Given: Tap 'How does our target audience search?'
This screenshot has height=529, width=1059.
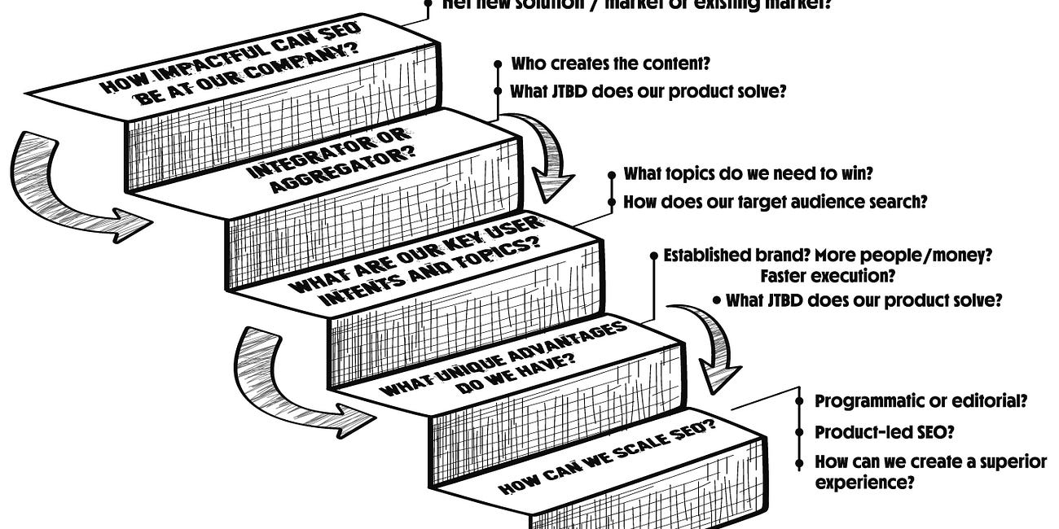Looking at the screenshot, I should (776, 201).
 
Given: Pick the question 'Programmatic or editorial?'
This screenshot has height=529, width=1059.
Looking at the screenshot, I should (921, 400).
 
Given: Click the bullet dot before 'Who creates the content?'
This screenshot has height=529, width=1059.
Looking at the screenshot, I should (497, 63).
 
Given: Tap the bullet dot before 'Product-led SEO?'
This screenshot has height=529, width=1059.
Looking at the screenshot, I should (799, 432).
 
